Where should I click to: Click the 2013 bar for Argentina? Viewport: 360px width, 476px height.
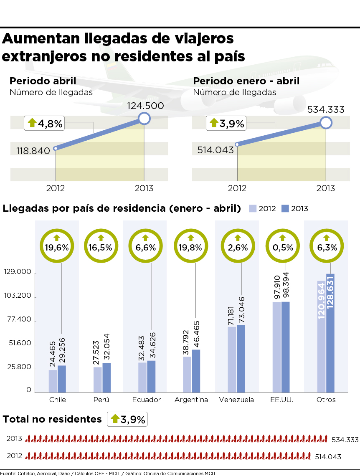(196, 371)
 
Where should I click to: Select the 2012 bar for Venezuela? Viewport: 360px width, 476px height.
(232, 359)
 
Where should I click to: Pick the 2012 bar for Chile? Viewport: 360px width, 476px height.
(53, 381)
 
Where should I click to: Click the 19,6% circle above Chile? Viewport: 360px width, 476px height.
(57, 247)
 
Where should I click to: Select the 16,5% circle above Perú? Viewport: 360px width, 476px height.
(100, 247)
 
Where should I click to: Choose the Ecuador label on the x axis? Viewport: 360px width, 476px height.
(146, 400)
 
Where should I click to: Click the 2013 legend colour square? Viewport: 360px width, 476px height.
(285, 208)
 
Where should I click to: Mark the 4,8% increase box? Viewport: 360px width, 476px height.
(44, 123)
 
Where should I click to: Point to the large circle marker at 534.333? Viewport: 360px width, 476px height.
(326, 122)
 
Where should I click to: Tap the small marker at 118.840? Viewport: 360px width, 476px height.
(55, 148)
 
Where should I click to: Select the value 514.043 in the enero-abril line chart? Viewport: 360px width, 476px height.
(215, 149)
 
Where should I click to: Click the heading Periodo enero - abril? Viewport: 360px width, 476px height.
(246, 81)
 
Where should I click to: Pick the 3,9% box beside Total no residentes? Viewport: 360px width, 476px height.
(127, 419)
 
